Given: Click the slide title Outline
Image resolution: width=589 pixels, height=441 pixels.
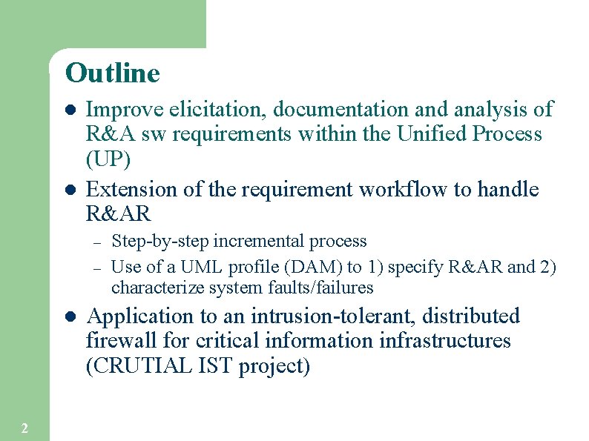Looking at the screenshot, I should tap(112, 73).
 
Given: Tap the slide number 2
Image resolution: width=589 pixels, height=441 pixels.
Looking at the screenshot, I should tap(24, 428).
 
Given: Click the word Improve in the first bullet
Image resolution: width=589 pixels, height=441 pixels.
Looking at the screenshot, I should tap(125, 110).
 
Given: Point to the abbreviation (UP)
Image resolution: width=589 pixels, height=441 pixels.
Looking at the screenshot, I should tap(108, 159).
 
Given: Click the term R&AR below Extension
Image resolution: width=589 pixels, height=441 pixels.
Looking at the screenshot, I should tap(119, 214).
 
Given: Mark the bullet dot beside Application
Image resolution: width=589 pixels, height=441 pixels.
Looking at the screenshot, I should tap(70, 316).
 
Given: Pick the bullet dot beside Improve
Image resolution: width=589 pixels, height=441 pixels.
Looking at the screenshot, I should tap(70, 110).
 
